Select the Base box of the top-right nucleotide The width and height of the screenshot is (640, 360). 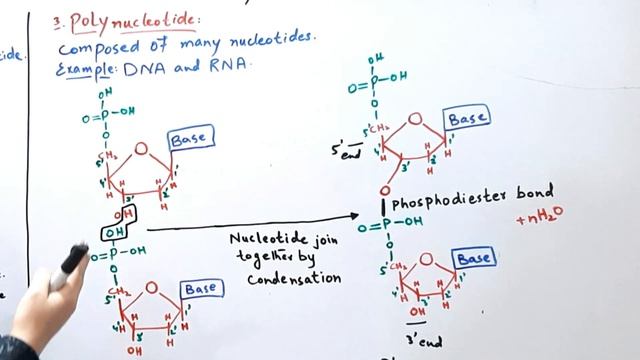[467, 119]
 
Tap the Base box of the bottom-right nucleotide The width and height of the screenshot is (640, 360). [475, 259]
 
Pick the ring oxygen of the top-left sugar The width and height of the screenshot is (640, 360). [141, 150]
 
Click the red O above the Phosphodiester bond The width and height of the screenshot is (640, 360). [384, 190]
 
